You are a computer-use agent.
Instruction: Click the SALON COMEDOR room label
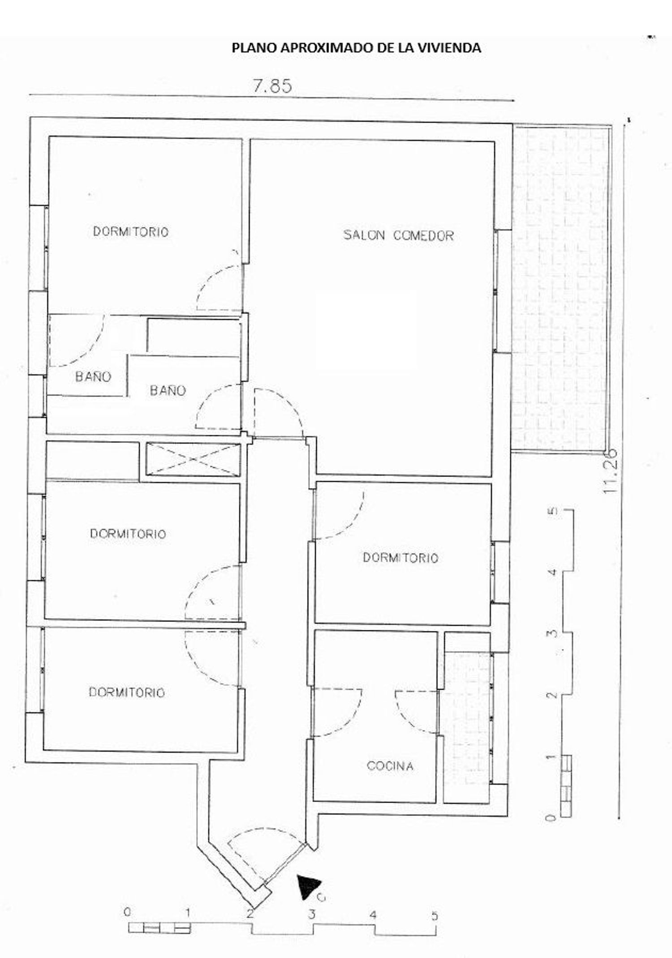click(x=398, y=235)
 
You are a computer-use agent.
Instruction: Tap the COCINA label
click(x=390, y=766)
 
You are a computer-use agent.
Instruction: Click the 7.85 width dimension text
click(x=272, y=86)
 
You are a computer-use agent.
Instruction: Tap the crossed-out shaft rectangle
click(x=194, y=459)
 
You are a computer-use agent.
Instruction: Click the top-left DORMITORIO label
click(x=131, y=231)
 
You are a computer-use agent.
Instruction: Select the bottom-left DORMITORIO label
click(x=127, y=692)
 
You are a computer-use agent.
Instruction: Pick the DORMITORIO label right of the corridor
click(x=401, y=557)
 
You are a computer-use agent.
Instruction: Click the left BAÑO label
click(x=93, y=376)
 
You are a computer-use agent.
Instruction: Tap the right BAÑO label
click(x=168, y=390)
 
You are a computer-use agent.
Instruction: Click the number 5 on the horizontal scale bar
click(x=434, y=915)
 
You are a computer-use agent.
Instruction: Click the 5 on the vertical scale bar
click(x=553, y=511)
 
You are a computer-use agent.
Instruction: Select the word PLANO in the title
click(x=254, y=48)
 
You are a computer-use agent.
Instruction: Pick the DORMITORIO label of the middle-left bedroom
click(x=128, y=534)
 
